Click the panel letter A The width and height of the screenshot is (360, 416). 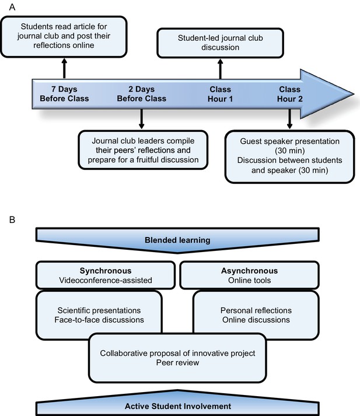[x=12, y=7]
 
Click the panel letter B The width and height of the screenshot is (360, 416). [x=12, y=220]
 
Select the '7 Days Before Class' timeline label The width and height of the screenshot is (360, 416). [x=64, y=94]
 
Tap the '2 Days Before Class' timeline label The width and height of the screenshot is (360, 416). [x=141, y=94]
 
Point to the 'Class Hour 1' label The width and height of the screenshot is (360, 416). [x=220, y=94]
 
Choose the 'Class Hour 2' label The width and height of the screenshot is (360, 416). [x=290, y=94]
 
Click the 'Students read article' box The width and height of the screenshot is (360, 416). [x=64, y=37]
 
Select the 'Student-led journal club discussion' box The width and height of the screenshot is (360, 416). [x=220, y=43]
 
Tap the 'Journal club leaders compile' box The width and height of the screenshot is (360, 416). [x=143, y=150]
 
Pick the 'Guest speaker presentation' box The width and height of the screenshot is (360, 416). [x=290, y=156]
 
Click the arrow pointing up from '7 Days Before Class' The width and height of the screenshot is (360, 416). [x=64, y=68]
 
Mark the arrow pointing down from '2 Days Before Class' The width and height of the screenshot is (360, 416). [x=141, y=119]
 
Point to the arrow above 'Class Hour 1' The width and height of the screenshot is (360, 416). [x=220, y=69]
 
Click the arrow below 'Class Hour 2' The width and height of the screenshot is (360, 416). [x=290, y=119]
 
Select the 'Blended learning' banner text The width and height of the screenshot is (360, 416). [x=177, y=240]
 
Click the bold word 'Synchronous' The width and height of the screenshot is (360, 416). [x=106, y=271]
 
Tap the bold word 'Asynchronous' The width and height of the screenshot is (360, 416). [x=249, y=271]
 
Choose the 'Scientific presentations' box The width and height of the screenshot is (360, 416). [x=99, y=315]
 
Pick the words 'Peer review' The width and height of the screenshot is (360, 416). [x=177, y=363]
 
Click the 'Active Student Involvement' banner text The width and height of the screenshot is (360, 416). [x=178, y=406]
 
